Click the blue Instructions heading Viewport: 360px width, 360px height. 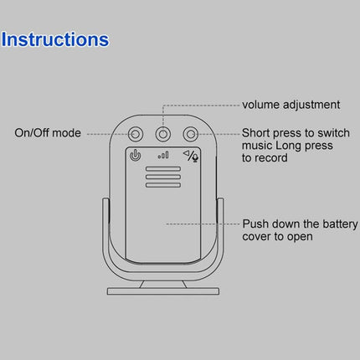[54, 39]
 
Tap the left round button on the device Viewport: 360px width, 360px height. [135, 132]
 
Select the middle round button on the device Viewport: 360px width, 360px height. [162, 132]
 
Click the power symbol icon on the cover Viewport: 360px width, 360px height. [135, 155]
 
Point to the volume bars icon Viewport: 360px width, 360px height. [162, 155]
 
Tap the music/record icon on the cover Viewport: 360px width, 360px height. [191, 154]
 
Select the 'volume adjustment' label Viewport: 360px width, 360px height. [291, 105]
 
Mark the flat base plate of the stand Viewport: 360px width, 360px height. [162, 291]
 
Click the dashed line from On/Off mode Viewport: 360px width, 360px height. [105, 132]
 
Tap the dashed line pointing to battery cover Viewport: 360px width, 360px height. [205, 224]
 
